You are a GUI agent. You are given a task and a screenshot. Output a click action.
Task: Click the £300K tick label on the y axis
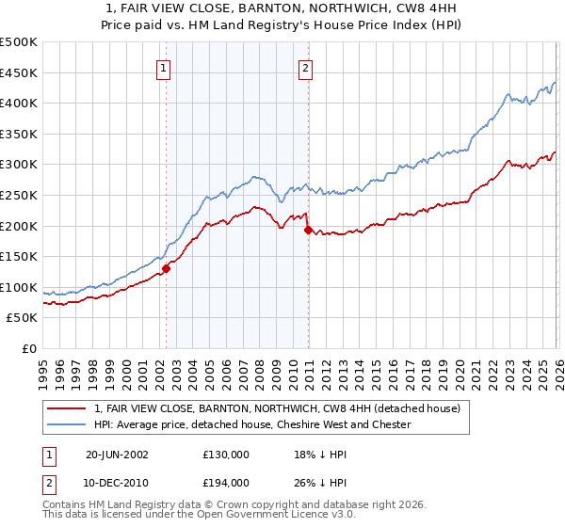click(19, 165)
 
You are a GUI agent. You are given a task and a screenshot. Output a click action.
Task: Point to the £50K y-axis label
click(22, 318)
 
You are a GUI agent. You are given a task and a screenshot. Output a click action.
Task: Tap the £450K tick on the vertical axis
click(19, 72)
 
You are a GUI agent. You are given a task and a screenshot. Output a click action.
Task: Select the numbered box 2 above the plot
click(307, 68)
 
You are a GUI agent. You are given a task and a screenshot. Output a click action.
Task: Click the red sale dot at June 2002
click(167, 268)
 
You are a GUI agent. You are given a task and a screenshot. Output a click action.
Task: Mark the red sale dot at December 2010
click(308, 230)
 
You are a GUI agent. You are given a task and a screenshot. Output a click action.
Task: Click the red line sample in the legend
click(67, 409)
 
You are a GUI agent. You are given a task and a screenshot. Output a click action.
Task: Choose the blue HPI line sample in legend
click(67, 425)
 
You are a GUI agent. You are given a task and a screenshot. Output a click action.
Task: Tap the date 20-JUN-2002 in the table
click(117, 454)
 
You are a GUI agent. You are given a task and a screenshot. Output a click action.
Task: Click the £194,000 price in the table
click(225, 482)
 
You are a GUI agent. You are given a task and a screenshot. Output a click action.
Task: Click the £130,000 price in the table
click(225, 454)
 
